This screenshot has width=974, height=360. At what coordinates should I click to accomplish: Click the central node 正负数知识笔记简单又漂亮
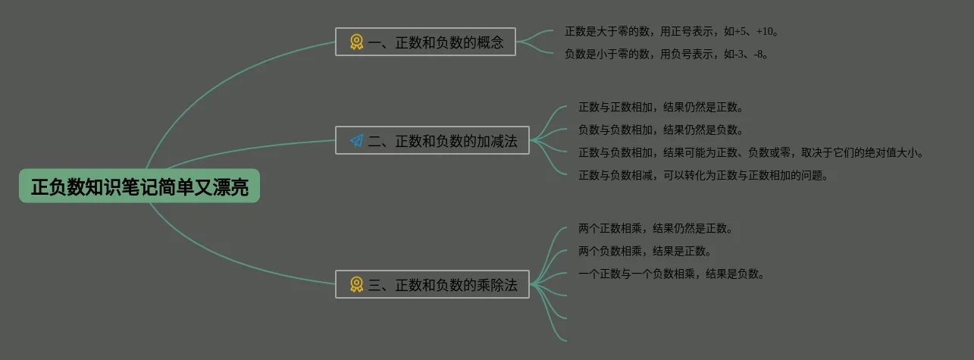(x=139, y=186)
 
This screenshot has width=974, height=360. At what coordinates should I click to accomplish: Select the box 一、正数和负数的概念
(x=425, y=42)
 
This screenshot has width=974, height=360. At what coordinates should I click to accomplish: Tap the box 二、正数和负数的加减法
(x=432, y=140)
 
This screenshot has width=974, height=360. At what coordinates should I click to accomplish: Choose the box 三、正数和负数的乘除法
(x=432, y=284)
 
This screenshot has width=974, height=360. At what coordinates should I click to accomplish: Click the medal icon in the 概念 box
(x=356, y=42)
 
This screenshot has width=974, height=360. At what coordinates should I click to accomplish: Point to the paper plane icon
(x=356, y=140)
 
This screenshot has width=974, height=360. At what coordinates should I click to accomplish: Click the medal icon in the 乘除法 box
(x=356, y=284)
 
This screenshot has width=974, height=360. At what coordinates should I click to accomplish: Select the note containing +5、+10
(x=672, y=32)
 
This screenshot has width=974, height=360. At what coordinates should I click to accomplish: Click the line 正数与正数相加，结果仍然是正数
(x=661, y=107)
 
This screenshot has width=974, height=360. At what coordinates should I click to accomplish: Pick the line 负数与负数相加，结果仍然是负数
(x=661, y=130)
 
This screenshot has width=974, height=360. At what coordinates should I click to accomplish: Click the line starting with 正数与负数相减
(x=703, y=175)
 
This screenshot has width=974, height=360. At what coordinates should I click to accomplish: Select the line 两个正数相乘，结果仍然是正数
(x=656, y=228)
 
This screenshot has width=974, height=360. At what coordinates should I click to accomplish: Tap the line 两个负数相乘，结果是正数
(x=645, y=251)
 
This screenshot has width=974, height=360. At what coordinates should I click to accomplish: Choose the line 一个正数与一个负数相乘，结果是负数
(x=672, y=274)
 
